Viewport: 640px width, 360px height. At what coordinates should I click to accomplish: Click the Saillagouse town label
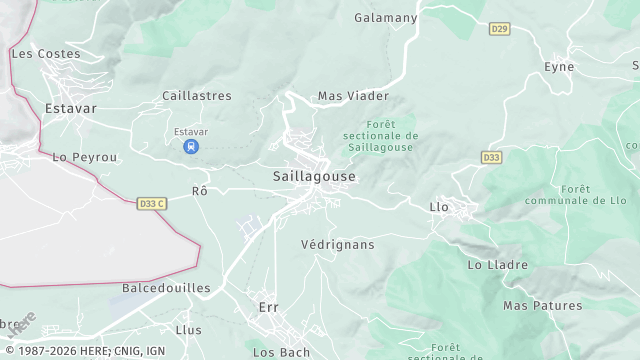pyautogui.click(x=314, y=176)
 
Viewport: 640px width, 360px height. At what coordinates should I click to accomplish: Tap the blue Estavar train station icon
pyautogui.click(x=190, y=147)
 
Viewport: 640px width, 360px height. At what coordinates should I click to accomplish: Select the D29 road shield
pyautogui.click(x=500, y=29)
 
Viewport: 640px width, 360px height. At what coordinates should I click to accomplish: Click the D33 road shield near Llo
pyautogui.click(x=491, y=158)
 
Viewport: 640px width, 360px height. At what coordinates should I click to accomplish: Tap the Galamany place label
pyautogui.click(x=385, y=17)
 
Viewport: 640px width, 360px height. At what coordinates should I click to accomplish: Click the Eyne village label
pyautogui.click(x=559, y=67)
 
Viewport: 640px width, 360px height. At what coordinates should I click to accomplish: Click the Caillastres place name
pyautogui.click(x=197, y=96)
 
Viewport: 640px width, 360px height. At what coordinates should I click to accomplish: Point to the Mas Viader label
pyautogui.click(x=353, y=96)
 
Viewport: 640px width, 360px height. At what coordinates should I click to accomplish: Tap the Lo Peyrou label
pyautogui.click(x=85, y=158)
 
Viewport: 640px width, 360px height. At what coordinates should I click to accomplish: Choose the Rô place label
pyautogui.click(x=199, y=190)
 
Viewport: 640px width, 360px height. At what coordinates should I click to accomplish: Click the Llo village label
pyautogui.click(x=438, y=207)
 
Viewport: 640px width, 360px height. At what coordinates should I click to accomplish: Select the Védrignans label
pyautogui.click(x=337, y=244)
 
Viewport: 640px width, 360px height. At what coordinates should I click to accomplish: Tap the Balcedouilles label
pyautogui.click(x=166, y=288)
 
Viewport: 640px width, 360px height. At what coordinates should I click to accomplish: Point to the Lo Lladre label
pyautogui.click(x=496, y=265)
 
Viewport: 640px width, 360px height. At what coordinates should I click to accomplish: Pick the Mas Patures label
pyautogui.click(x=542, y=305)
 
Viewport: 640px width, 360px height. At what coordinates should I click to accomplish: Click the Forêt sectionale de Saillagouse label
pyautogui.click(x=380, y=135)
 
